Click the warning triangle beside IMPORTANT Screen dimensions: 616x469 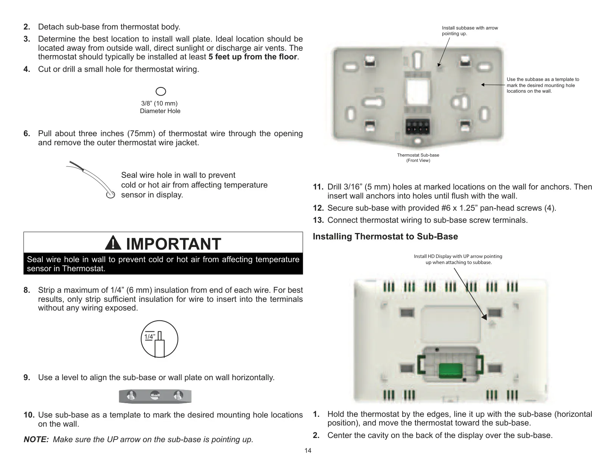tap(113, 243)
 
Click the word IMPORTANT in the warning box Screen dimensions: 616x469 tap(173, 244)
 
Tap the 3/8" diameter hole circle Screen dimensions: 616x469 tap(161, 92)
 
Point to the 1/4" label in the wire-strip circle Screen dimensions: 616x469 tap(149, 337)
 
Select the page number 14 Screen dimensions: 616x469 tap(308, 450)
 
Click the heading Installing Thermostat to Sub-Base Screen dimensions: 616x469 tap(385, 236)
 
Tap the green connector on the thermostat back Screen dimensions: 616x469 tap(450, 371)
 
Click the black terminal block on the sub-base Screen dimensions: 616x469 tap(417, 126)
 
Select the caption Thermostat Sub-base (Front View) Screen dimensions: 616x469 tap(418, 158)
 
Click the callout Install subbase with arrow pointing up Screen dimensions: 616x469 tap(470, 31)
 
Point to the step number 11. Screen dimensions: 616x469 tap(318, 187)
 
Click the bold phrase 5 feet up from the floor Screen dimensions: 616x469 tap(253, 57)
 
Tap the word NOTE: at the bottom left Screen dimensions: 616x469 tap(36, 439)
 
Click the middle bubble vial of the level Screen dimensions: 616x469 tap(155, 396)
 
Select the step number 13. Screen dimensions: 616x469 tap(318, 220)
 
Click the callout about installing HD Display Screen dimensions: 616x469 tap(458, 259)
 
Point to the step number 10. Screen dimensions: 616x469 tap(29, 415)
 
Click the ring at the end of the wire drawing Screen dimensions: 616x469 tap(110, 194)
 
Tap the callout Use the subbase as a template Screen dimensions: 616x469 tap(543, 85)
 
